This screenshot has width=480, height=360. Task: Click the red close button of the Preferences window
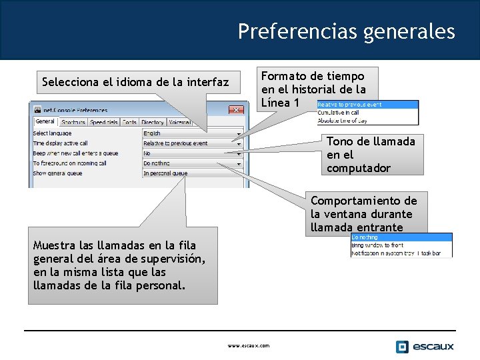(x=236, y=109)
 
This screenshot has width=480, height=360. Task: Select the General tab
(x=45, y=122)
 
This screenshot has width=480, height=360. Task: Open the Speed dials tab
(x=104, y=123)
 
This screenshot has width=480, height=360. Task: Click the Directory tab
(x=153, y=123)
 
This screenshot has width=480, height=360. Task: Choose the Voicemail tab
(x=180, y=123)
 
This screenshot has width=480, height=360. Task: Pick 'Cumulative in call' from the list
(x=340, y=113)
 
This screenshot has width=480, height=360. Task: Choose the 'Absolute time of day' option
(x=343, y=121)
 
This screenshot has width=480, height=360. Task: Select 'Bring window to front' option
(x=377, y=245)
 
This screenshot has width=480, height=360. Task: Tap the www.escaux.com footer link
(x=249, y=346)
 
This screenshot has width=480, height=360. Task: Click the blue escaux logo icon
(x=402, y=346)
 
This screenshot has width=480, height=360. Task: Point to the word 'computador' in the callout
(x=358, y=168)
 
